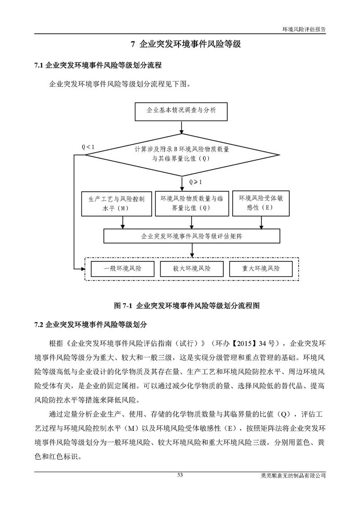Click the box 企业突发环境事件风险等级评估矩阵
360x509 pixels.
pos(192,236)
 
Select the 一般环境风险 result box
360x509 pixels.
pos(122,269)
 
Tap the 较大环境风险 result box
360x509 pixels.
pos(192,269)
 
